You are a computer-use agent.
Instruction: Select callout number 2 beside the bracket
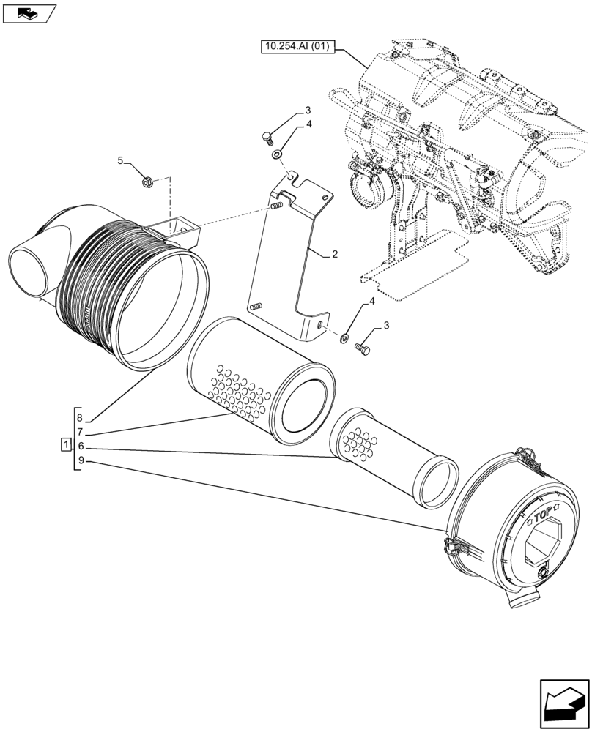[334, 255]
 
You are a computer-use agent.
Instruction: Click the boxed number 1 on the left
[65, 445]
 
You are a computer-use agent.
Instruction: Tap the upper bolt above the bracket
[267, 137]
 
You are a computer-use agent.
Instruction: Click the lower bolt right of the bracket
[363, 349]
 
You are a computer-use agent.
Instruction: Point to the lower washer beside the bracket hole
[343, 338]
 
